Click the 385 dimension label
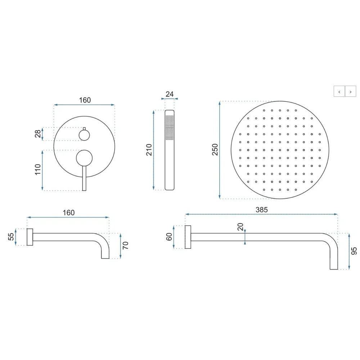[x=261, y=210]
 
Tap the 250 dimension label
[x=215, y=149]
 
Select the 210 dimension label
[x=149, y=150]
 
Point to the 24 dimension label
[x=170, y=94]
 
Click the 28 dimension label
[x=38, y=134]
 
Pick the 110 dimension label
[x=38, y=169]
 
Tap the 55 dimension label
[x=11, y=237]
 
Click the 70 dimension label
[x=125, y=246]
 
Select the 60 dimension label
[x=169, y=237]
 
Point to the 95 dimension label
[x=354, y=251]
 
